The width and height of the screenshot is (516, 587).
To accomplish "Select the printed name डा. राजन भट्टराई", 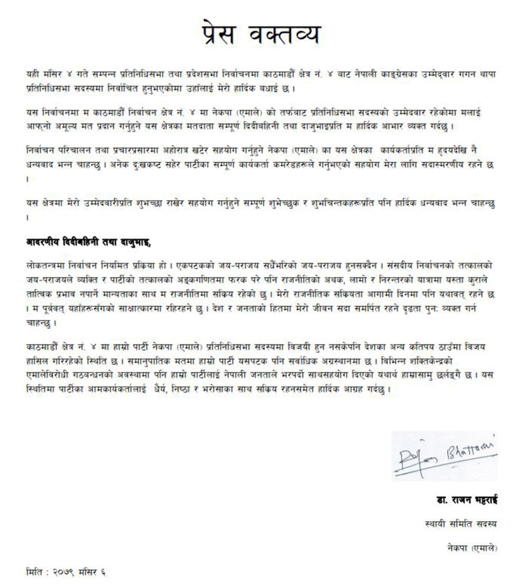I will (465, 500).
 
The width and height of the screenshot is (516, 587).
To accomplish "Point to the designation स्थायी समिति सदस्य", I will (470, 525).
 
